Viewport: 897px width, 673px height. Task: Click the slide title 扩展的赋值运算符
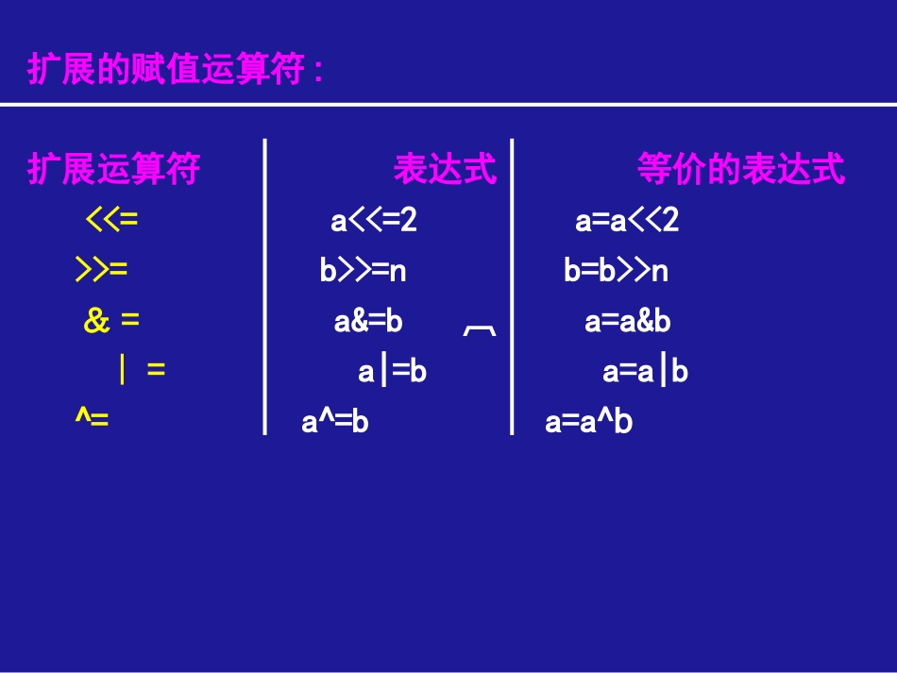click(176, 70)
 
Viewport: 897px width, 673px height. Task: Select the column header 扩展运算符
click(114, 170)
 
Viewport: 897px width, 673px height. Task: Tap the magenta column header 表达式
click(445, 170)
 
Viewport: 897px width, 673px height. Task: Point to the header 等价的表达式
click(740, 170)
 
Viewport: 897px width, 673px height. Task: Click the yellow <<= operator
click(112, 221)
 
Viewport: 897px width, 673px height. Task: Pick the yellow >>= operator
click(101, 272)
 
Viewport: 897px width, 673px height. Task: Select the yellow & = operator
click(111, 322)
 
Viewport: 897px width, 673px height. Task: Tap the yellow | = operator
click(142, 371)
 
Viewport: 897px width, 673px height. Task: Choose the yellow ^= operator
click(93, 419)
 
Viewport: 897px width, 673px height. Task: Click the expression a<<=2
click(374, 221)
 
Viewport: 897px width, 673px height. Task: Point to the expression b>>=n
click(363, 272)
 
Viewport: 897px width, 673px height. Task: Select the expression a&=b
click(368, 322)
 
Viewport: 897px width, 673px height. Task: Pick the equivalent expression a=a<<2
click(627, 221)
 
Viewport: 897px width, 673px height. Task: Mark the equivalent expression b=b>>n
click(616, 272)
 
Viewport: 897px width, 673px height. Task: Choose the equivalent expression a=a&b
click(627, 322)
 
